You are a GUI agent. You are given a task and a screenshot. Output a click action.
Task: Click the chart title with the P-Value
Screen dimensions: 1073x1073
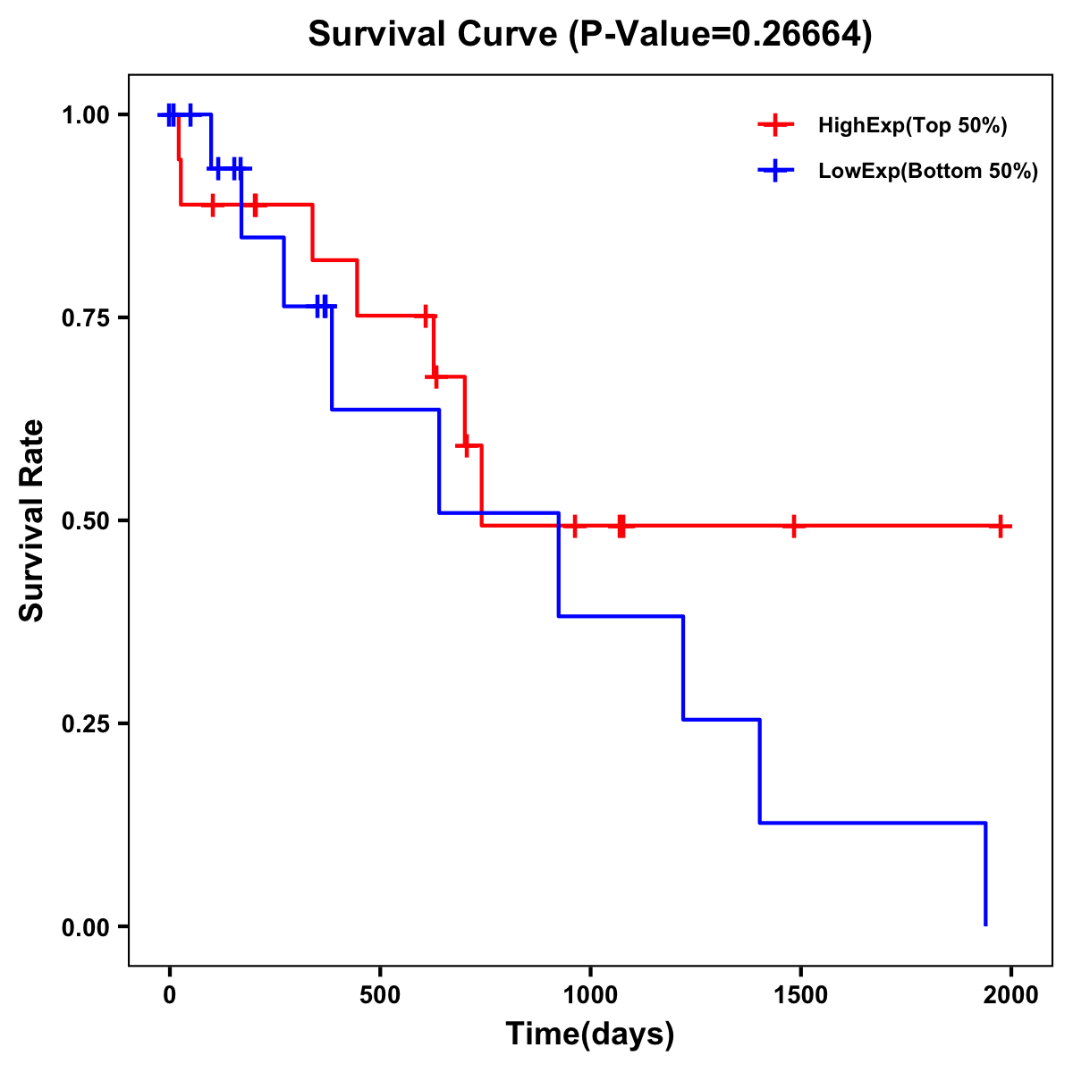coord(590,35)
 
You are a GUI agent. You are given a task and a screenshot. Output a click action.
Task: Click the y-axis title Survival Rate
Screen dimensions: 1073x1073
coord(32,520)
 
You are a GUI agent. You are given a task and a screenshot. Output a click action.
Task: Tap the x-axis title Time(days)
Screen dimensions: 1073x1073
coord(590,1034)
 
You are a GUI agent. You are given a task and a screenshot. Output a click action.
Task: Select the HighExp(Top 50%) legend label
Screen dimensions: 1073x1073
coord(912,126)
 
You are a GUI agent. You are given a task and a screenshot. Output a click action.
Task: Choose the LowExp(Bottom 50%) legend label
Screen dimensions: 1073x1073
coord(928,172)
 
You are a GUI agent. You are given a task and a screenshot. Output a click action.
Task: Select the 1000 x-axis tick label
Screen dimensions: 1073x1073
coord(590,995)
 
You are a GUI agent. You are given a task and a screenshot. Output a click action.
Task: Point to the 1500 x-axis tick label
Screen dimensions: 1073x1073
coord(800,995)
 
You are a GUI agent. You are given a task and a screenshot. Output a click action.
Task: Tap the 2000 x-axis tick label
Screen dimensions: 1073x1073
coord(1011,995)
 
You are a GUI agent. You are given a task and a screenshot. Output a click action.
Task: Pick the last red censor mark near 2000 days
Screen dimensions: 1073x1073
coord(1001,526)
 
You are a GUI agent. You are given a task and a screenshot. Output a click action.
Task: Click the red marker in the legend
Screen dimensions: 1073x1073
coord(775,126)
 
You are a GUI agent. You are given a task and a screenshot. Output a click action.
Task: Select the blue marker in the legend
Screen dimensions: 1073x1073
coord(775,172)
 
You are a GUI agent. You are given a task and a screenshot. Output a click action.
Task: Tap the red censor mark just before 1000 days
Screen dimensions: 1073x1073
coord(575,526)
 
